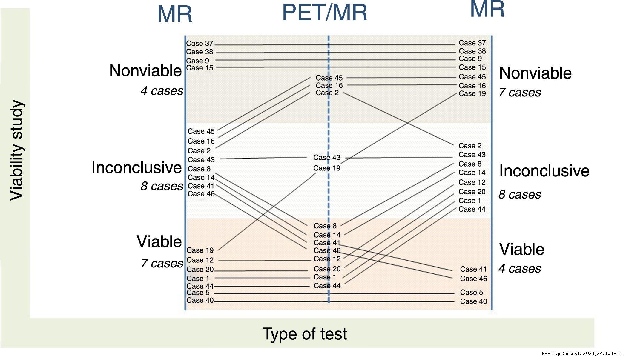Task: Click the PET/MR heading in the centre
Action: tap(324, 13)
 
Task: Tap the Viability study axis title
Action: tap(16, 150)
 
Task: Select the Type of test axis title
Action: tap(304, 334)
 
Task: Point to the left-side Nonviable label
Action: tap(145, 71)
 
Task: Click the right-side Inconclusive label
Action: tap(544, 171)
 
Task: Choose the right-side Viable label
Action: tap(522, 249)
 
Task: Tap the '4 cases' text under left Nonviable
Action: tap(162, 91)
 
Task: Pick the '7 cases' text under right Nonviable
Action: tap(520, 93)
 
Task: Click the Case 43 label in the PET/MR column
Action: tap(327, 158)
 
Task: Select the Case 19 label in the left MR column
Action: tap(200, 250)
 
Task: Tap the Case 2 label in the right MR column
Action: tap(470, 146)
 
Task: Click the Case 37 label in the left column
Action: tap(199, 44)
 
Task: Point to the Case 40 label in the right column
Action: tap(473, 301)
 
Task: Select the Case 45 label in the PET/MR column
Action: tap(329, 78)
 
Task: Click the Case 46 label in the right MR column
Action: tap(473, 279)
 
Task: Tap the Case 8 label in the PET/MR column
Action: tap(325, 226)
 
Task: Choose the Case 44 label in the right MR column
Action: tap(472, 209)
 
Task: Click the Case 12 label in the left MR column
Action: tap(200, 260)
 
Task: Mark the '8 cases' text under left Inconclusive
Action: tap(162, 186)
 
